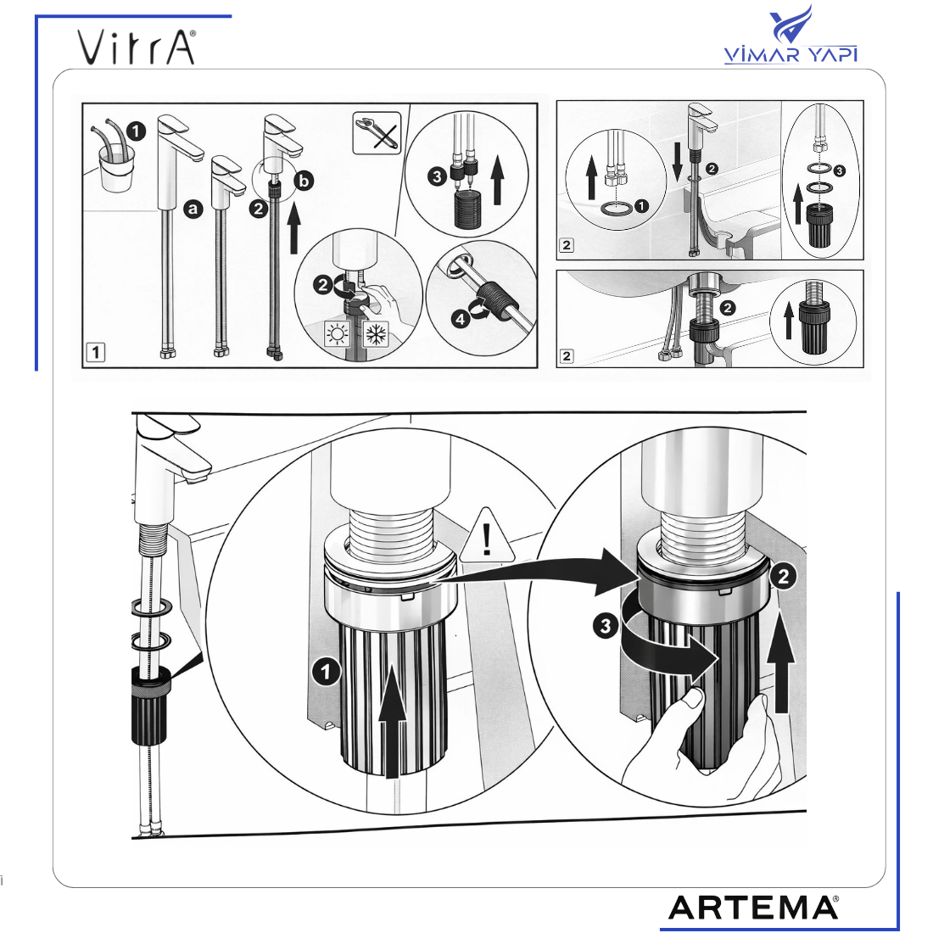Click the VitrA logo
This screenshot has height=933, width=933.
coord(137,47)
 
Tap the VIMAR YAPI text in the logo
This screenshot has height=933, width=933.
coord(791,54)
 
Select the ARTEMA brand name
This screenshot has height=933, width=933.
coord(753,908)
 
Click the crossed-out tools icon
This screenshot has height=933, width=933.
coord(377,132)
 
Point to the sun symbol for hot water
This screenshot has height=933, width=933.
coord(338,334)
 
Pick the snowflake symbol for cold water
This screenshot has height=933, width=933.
coord(376,334)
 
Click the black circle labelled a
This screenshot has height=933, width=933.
coord(193,209)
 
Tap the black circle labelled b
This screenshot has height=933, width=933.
coord(304,181)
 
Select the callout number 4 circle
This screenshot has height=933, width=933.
coord(460,320)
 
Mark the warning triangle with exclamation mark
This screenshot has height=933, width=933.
coord(488,537)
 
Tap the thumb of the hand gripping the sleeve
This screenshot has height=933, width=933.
coord(693,700)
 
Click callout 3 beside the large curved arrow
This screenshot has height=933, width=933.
coord(605,626)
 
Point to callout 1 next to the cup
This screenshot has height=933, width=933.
coord(137,131)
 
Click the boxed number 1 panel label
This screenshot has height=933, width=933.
coord(96,352)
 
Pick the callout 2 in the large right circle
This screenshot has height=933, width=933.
coord(783,576)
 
